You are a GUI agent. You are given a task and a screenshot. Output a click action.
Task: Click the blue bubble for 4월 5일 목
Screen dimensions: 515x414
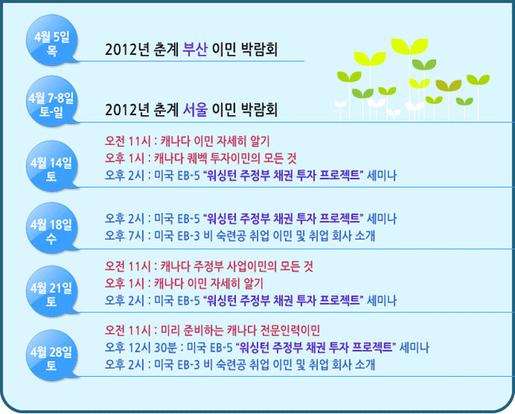(x=51, y=39)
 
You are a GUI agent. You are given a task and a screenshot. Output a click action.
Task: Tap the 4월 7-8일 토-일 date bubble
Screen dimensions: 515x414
(x=51, y=101)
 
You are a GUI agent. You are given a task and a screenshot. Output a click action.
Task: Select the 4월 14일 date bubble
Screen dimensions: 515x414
(x=51, y=166)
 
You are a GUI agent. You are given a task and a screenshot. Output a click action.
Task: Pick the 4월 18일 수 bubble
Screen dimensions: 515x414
(x=51, y=228)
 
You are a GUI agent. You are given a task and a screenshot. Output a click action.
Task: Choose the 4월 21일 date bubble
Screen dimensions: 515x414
(x=51, y=291)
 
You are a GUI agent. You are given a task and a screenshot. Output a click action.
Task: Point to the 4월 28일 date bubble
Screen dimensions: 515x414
(x=51, y=355)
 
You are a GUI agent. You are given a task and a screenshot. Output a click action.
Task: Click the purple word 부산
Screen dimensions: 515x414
(x=195, y=49)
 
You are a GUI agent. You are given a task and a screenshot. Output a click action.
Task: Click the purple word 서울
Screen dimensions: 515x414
(x=195, y=110)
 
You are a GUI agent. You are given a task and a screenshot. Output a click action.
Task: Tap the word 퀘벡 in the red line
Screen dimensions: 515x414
(x=197, y=159)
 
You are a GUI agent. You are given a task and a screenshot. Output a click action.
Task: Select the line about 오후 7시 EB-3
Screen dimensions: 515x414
(x=240, y=236)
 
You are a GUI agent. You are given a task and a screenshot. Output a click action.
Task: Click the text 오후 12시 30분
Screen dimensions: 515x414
(x=141, y=347)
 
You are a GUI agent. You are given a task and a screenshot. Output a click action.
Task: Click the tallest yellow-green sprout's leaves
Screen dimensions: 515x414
(x=410, y=46)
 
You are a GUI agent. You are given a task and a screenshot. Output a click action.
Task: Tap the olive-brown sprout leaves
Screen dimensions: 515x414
(x=448, y=85)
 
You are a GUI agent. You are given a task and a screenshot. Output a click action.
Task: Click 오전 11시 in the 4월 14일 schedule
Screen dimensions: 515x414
(x=128, y=142)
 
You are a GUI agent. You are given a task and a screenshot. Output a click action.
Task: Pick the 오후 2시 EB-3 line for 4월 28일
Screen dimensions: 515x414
(x=240, y=365)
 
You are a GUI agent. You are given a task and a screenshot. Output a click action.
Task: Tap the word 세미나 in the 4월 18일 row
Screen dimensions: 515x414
(x=381, y=218)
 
